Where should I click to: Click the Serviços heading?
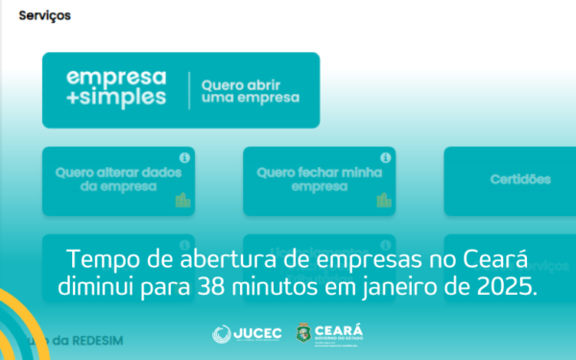pos(44,16)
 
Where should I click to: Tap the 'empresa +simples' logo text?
pos(115,87)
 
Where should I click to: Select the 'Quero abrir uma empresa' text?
pos(250,90)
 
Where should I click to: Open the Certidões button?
pos(520,180)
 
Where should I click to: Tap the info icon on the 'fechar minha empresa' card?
pos(385,157)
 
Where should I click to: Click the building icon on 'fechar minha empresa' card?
pos(384,200)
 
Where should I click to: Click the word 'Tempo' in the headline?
pos(103,260)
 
